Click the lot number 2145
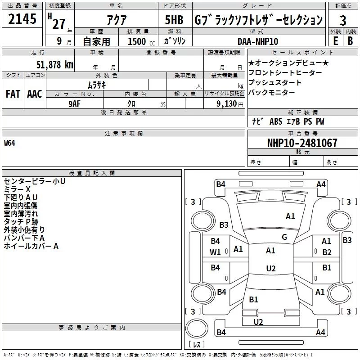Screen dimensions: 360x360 [x=22, y=20]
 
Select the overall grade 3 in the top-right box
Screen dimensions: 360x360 [x=343, y=21]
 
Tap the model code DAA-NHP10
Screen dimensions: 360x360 [x=258, y=41]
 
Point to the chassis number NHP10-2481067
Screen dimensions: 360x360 [x=302, y=143]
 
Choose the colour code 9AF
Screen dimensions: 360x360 [x=75, y=103]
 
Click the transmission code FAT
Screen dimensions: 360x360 [x=13, y=94]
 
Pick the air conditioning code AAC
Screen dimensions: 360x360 [x=34, y=94]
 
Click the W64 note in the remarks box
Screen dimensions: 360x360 [x=10, y=143]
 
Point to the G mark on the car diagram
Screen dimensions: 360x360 [x=284, y=237]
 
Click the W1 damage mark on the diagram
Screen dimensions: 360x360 [x=215, y=252]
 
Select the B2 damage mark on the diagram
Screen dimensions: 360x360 [x=327, y=252]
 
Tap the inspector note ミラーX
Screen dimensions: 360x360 [x=17, y=189]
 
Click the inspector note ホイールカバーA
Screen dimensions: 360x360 [x=31, y=246]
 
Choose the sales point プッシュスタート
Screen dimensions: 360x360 [x=274, y=83]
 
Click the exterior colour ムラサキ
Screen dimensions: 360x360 [x=96, y=85]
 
